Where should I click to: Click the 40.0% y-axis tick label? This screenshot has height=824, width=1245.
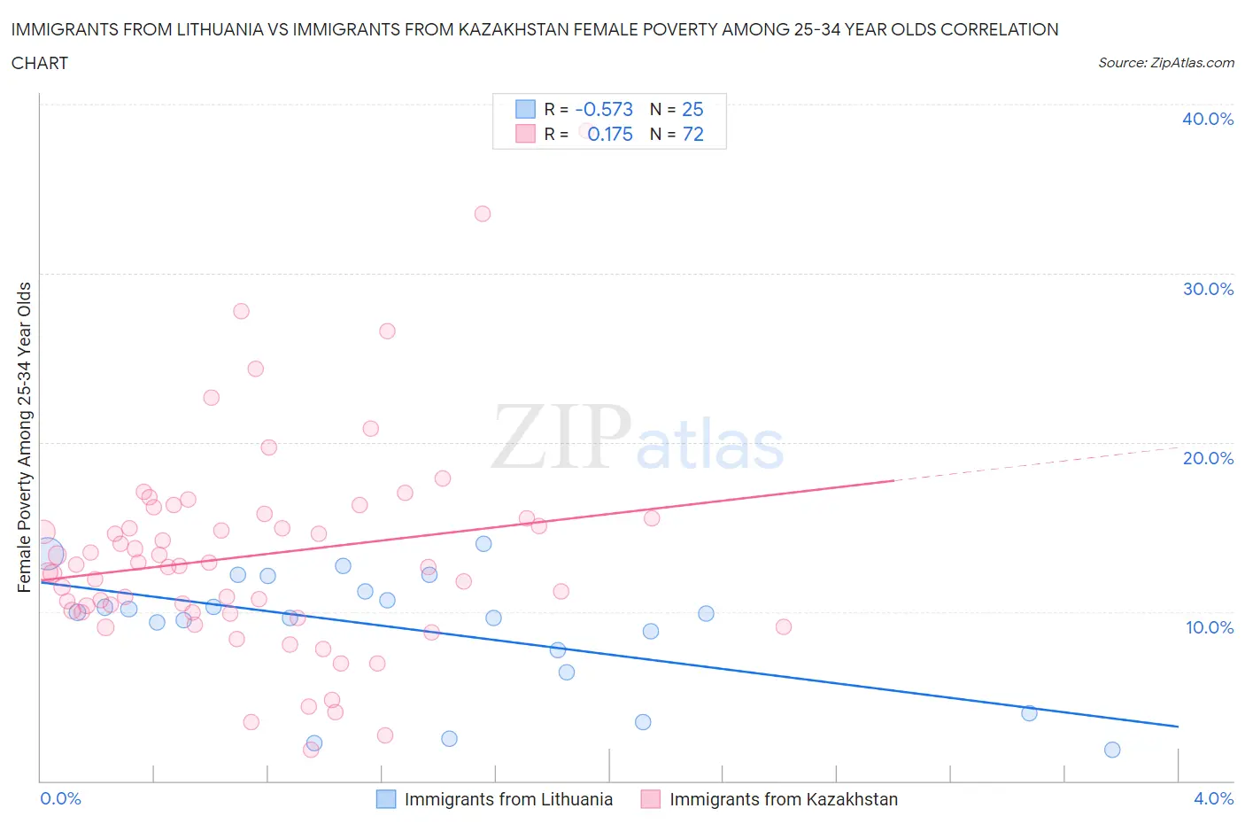coord(1208,119)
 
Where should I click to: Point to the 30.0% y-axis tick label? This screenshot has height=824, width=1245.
coord(1208,289)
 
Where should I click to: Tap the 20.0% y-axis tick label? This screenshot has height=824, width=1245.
coord(1208,458)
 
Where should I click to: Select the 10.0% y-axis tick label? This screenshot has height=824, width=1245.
coord(1208,627)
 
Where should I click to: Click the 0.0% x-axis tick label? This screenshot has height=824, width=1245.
coord(60,798)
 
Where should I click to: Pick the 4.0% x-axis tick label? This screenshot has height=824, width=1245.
coord(1213,798)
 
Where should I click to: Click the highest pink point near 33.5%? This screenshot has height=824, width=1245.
coord(483,214)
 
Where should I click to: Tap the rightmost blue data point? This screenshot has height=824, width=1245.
coord(1112,750)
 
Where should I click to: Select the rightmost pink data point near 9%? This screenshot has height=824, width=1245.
coord(784,626)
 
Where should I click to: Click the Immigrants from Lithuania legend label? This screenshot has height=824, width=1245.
coord(508,799)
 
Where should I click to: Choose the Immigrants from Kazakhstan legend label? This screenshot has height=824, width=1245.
coord(783,799)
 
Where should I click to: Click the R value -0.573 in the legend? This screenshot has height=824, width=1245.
coord(604,109)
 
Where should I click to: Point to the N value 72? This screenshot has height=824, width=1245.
coord(692,134)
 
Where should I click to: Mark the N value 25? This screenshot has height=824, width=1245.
coord(692,109)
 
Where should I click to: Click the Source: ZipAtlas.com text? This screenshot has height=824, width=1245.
coord(1165,63)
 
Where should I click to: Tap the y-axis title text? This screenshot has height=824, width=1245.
coord(24,437)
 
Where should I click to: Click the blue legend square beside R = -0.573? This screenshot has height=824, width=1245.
coord(525,109)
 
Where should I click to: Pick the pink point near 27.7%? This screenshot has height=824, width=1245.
coord(241,311)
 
